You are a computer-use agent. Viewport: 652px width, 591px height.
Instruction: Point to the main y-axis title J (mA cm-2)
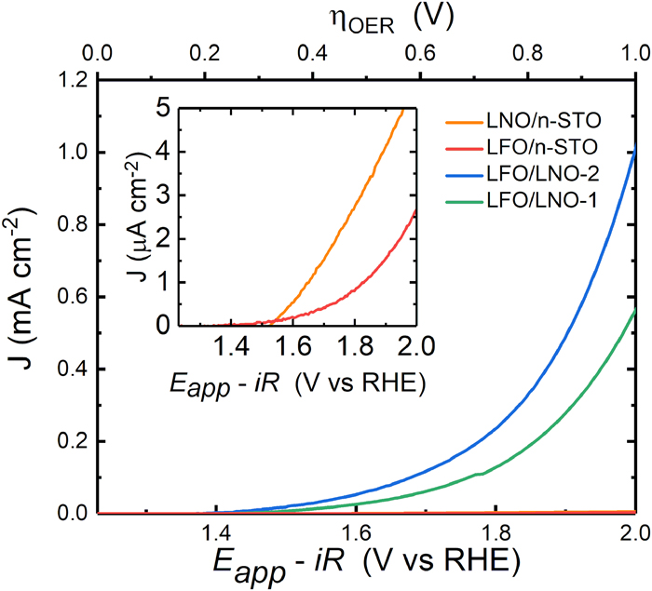(x=22, y=296)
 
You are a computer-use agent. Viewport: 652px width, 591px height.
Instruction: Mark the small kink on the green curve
(x=479, y=474)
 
